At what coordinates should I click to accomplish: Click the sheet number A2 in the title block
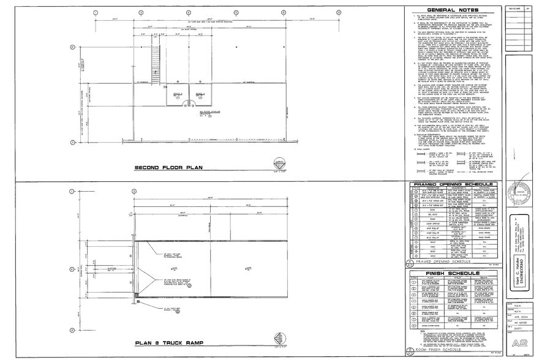521,342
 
